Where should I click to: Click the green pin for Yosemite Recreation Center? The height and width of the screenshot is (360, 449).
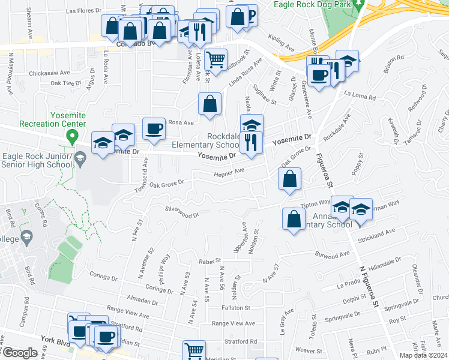point(72,137)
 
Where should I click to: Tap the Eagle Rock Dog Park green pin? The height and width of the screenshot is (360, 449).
point(359,8)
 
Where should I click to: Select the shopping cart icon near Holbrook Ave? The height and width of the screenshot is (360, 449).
point(215,60)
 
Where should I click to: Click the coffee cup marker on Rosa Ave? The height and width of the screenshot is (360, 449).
point(154,129)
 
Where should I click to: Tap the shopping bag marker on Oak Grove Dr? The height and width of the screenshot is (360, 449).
point(290,178)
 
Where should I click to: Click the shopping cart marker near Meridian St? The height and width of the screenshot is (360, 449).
point(194,351)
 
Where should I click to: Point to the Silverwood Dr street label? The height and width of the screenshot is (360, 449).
point(182,214)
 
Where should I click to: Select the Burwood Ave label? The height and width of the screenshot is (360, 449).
point(332,255)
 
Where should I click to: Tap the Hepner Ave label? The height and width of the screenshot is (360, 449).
point(231,173)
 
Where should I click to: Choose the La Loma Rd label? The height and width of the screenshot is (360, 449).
point(360,95)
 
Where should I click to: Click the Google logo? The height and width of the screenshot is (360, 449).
point(20,353)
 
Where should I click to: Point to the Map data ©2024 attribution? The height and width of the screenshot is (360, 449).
point(424,355)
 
